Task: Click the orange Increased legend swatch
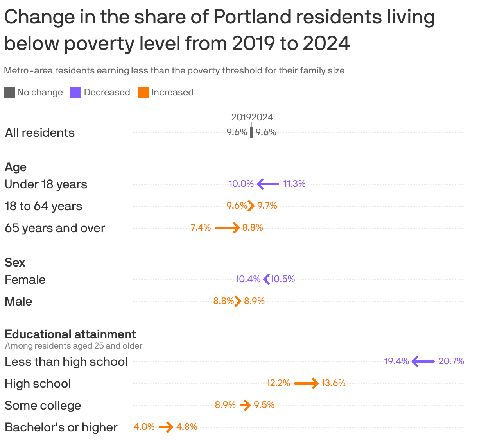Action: tap(144, 92)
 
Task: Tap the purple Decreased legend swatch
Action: tap(76, 92)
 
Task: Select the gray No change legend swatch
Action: tap(9, 92)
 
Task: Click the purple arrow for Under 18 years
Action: tap(268, 184)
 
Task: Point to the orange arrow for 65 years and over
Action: tap(227, 227)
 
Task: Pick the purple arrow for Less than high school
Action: tap(423, 361)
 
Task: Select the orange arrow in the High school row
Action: tap(306, 383)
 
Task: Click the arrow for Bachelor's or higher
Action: tap(166, 427)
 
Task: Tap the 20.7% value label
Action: tap(451, 361)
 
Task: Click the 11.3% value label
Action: tap(294, 184)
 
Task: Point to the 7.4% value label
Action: tap(201, 227)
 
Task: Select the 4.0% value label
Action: tap(144, 427)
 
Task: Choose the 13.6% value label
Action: tap(334, 383)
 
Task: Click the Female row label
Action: tap(25, 279)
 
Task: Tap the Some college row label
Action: tap(43, 405)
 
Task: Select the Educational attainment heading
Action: tap(70, 334)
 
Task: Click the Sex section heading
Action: tap(15, 262)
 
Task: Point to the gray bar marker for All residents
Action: tap(251, 132)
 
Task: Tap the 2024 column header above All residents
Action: tap(263, 117)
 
